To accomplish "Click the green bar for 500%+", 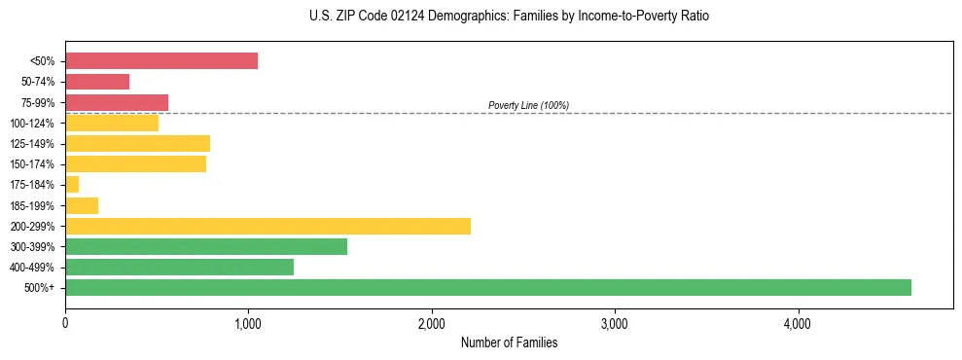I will tap(487, 287).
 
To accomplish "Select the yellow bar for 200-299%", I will tap(267, 226).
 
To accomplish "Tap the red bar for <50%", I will tap(161, 61).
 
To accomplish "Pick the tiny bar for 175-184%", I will tap(72, 185).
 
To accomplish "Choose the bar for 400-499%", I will tap(179, 267).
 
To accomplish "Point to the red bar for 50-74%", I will tap(97, 82).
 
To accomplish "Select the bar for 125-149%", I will tap(137, 144).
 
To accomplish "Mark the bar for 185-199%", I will tap(82, 205).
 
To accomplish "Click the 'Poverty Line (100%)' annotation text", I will tap(528, 105).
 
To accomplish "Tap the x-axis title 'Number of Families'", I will tap(509, 342).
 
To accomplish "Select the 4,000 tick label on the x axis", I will tap(798, 323).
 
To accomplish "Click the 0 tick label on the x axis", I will tap(65, 323).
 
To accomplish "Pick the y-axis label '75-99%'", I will tap(38, 103).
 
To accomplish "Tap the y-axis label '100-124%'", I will tap(34, 124).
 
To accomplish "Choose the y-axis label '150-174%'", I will tap(34, 164).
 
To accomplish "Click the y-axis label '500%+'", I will tap(40, 288).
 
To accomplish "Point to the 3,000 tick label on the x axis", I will tap(615, 323).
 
